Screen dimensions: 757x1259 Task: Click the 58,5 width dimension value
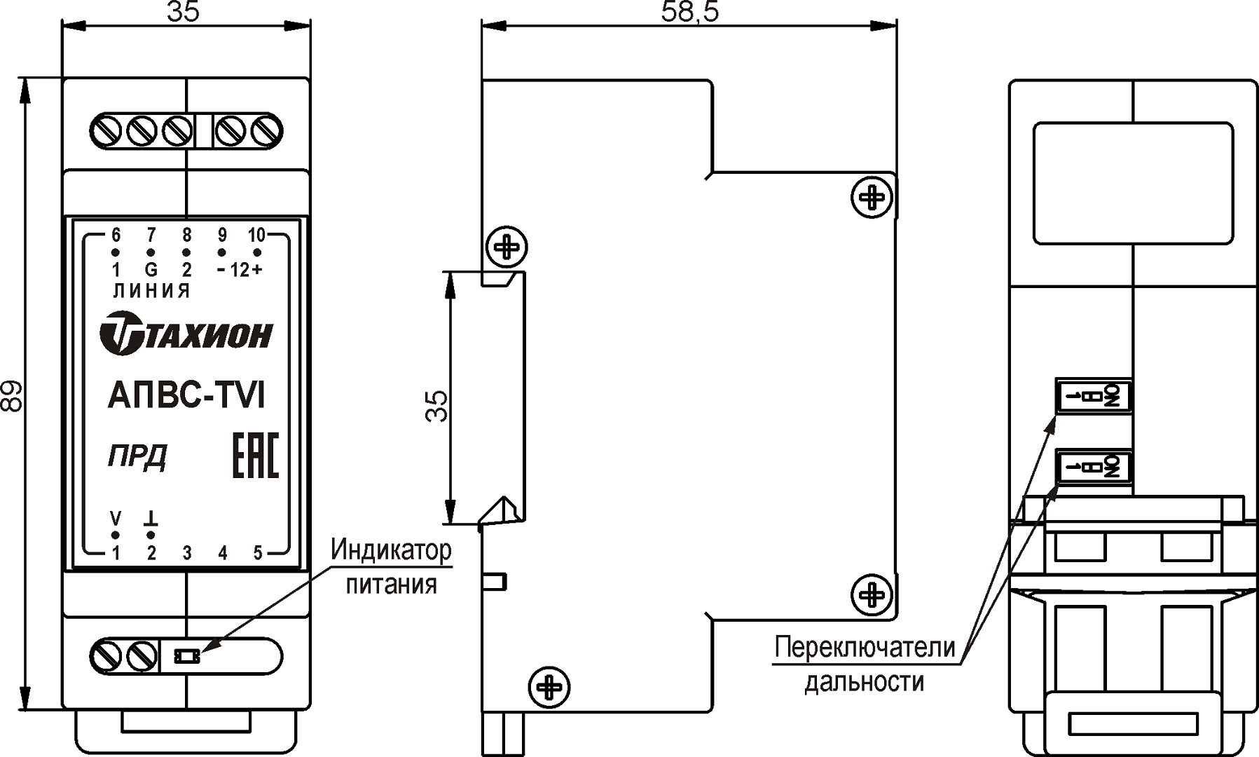(x=689, y=12)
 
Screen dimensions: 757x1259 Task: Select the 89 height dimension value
(x=12, y=395)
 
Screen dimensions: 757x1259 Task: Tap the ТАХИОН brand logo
(x=186, y=334)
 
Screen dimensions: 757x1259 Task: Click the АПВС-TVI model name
(x=186, y=395)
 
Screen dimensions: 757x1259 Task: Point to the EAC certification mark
(x=255, y=456)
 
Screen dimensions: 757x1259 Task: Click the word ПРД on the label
(x=137, y=456)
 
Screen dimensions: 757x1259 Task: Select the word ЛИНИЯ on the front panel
(x=151, y=291)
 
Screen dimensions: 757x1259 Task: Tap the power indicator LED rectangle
(x=187, y=656)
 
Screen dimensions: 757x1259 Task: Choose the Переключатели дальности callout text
(x=865, y=663)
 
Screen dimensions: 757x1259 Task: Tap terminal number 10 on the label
(x=257, y=236)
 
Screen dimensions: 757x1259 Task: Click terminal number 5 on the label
(x=258, y=554)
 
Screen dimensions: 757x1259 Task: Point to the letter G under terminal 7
(x=151, y=270)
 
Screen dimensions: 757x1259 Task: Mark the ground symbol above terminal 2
(x=151, y=519)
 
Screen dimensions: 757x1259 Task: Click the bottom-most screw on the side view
(x=549, y=687)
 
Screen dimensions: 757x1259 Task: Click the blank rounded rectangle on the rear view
(x=1133, y=183)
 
